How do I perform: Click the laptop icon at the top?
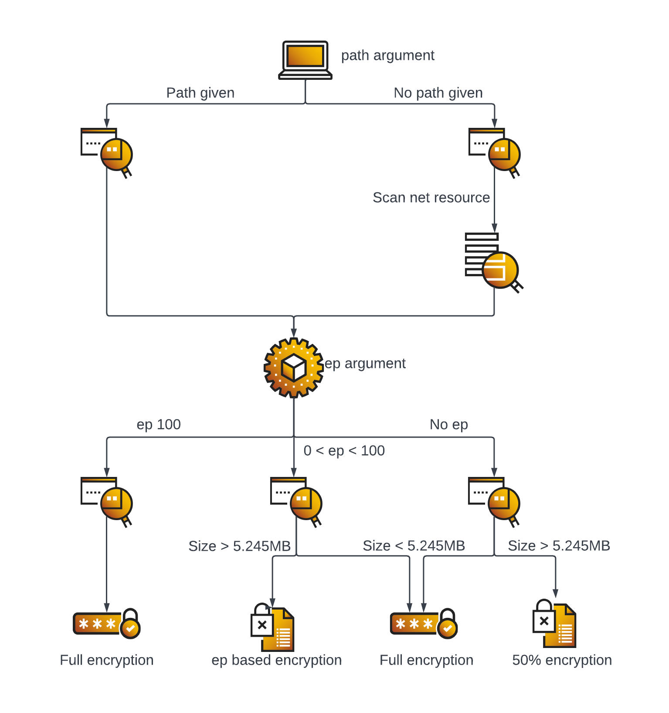(305, 60)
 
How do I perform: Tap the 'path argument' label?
(387, 55)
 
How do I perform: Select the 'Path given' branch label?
(200, 93)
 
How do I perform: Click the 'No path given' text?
(438, 93)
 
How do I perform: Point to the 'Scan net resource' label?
(431, 198)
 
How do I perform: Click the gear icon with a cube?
(294, 367)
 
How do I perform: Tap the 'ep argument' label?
(365, 363)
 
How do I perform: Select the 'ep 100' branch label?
(159, 425)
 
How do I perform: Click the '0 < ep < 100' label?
(344, 451)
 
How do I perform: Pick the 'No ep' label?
(448, 425)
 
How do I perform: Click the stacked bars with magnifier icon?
(492, 262)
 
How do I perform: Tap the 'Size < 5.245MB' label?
(414, 546)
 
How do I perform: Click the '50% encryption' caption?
(562, 660)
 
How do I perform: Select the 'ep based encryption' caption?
(276, 660)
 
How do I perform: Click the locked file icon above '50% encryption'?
(554, 624)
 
